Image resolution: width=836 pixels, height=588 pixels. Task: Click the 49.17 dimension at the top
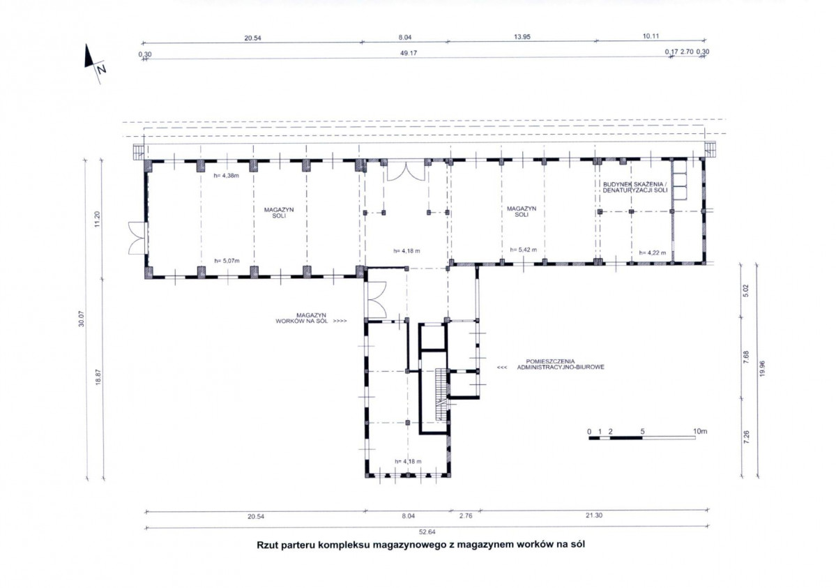pos(409,53)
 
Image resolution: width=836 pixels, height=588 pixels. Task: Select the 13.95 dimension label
pos(522,37)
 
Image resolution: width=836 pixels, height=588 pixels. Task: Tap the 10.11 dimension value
pos(651,36)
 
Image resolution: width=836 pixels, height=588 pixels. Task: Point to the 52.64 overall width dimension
pos(427,532)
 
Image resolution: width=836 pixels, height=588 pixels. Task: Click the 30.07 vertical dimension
pos(82,319)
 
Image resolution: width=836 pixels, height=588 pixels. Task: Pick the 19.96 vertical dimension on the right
pos(761,369)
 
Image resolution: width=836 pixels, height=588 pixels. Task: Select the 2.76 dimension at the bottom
pos(466,516)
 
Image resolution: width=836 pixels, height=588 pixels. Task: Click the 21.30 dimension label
pos(594,515)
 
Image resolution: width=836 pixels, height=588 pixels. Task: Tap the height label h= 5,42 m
pos(523,250)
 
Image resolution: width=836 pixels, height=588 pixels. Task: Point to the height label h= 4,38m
pos(227,175)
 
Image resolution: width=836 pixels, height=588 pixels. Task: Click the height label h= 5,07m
pos(227,261)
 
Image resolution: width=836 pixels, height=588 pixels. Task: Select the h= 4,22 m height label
pos(652,253)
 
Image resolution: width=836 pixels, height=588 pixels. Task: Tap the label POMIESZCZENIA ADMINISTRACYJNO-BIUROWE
pos(561,364)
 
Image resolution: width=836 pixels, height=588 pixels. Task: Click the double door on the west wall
pos(137,239)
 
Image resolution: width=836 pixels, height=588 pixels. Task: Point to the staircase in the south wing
pos(441,394)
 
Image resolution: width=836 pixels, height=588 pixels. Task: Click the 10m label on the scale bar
pos(700,431)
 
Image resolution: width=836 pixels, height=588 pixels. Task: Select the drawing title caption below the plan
pos(420,545)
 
